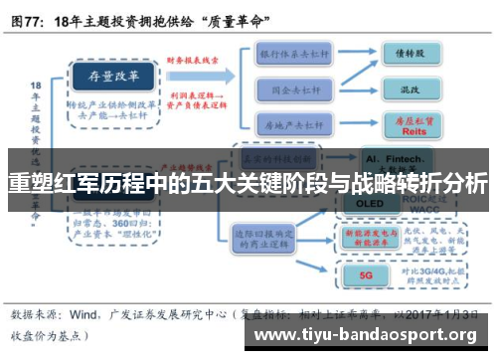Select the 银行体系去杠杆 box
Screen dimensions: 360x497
[294, 52]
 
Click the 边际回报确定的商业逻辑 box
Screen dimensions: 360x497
[263, 239]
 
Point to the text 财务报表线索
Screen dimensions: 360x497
[195, 61]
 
